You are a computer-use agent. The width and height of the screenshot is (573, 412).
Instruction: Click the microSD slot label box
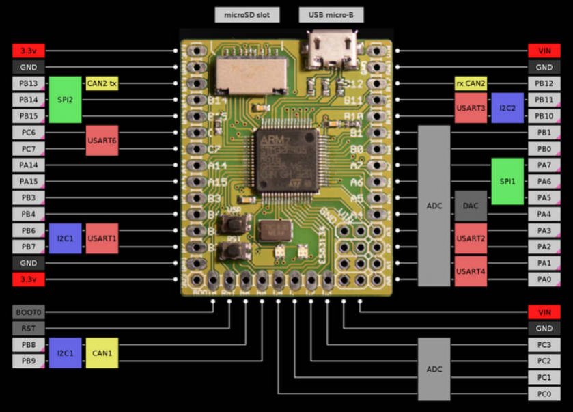coord(247,14)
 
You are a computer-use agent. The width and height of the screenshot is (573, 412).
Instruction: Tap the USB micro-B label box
coord(331,14)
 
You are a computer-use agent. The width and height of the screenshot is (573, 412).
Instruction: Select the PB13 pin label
coord(29,84)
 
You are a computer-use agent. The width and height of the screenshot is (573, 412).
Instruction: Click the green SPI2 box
coord(65,100)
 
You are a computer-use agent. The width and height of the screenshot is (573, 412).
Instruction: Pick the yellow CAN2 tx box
coord(102,84)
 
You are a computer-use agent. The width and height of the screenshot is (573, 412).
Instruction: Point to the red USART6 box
coord(102,141)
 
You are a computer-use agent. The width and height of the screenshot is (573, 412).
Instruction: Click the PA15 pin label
coord(29,181)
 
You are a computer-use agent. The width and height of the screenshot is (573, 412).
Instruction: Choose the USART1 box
coord(102,238)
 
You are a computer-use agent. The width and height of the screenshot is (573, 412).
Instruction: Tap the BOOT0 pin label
coord(29,312)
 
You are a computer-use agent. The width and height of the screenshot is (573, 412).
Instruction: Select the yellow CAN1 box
coord(102,353)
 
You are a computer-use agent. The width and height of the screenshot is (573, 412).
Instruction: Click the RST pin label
coord(29,329)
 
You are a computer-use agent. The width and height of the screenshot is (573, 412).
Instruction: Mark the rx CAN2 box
coord(471,84)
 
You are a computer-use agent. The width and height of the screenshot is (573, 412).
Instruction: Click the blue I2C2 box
coord(507,108)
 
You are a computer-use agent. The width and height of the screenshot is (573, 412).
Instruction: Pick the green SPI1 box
coord(507,181)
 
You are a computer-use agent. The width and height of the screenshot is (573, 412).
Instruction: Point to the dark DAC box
coord(471,206)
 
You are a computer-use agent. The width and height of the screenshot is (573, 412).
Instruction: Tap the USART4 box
coord(471,271)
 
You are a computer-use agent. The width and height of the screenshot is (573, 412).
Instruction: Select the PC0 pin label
coord(544,394)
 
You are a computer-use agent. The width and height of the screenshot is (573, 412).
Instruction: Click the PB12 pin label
coord(544,84)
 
